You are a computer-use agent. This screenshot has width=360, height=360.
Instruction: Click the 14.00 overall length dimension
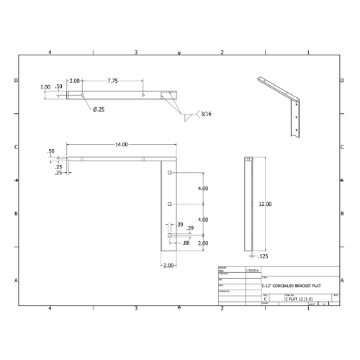click(120, 145)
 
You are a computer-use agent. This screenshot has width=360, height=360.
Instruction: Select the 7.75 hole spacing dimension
click(113, 81)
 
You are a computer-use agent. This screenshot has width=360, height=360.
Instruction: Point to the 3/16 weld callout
click(207, 114)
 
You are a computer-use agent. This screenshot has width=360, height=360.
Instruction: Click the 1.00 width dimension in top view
click(45, 87)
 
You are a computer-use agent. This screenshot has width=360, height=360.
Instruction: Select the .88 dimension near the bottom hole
click(186, 243)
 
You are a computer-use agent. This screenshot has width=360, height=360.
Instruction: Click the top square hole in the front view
click(169, 174)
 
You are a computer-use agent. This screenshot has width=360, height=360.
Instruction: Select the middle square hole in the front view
click(169, 204)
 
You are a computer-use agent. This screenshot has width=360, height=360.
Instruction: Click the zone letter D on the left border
click(17, 81)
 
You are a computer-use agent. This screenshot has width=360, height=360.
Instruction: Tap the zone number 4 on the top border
click(50, 53)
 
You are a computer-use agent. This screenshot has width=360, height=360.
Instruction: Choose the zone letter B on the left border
click(17, 214)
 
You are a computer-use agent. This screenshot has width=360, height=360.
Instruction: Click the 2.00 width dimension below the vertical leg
click(168, 266)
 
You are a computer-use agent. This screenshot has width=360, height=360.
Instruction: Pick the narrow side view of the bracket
click(249, 204)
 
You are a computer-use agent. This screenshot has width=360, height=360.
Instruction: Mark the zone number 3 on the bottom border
click(135, 308)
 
